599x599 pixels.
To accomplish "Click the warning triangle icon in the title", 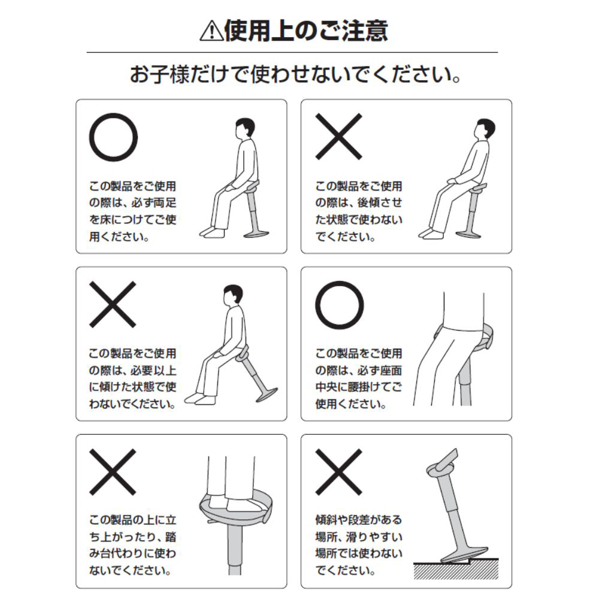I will pos(211,31).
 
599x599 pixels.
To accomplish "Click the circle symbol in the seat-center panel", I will pos(340,304).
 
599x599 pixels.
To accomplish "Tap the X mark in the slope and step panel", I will pos(339,471).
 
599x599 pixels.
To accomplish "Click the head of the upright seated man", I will pos(244,128).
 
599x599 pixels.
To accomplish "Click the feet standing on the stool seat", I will pos(237,503).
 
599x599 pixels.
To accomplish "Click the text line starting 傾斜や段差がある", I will pos(358,519).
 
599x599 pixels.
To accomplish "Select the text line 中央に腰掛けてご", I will pos(358,388).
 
